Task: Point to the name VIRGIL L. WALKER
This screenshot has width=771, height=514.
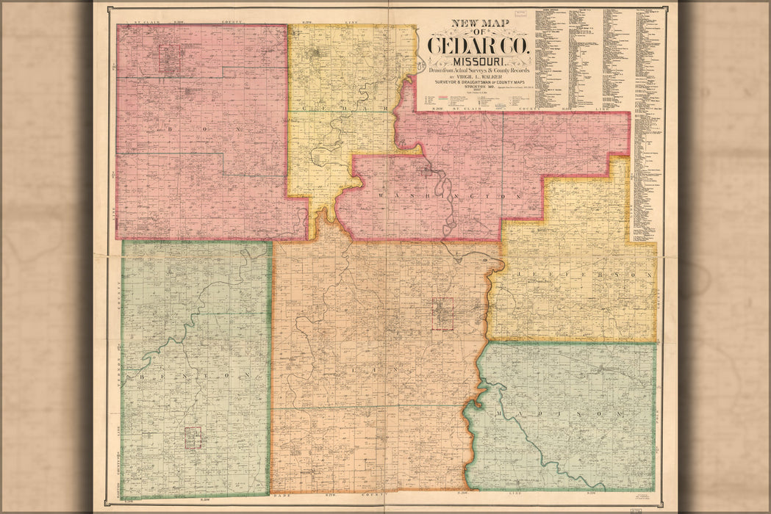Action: [479, 76]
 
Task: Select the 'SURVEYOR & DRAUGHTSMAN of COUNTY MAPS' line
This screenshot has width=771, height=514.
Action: [478, 82]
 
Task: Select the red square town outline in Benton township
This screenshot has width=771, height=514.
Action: [193, 437]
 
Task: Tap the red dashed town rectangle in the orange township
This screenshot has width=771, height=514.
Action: [442, 314]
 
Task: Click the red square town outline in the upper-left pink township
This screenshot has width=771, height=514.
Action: [170, 59]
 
